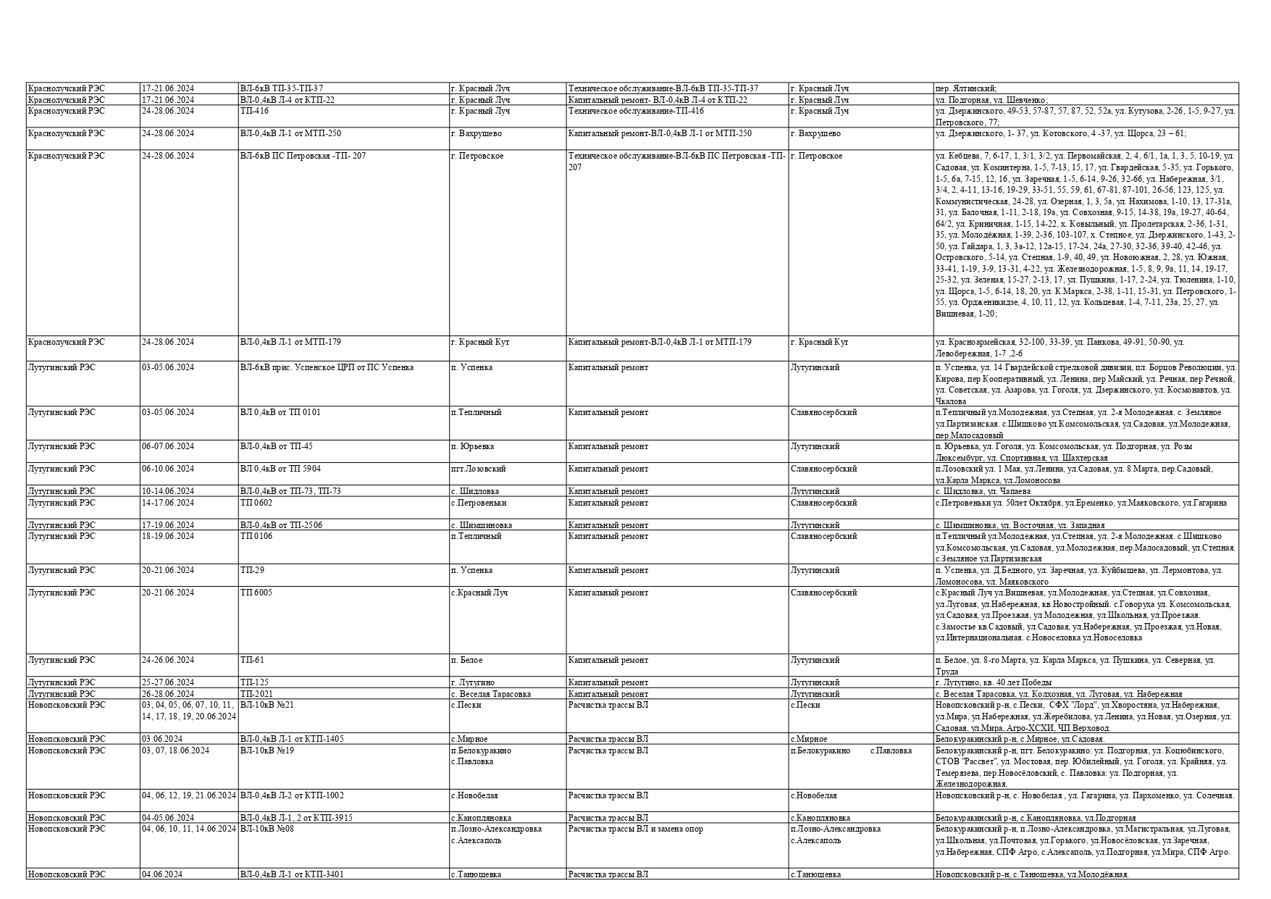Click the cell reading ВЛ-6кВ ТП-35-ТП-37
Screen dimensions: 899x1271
point(282,88)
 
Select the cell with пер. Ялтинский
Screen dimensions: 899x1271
point(966,88)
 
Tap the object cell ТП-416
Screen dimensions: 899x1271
point(254,111)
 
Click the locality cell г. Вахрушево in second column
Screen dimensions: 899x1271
point(476,133)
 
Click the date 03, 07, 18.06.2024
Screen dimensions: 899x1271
point(175,750)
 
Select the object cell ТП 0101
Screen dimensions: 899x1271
point(280,412)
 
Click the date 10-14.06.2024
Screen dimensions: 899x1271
point(168,491)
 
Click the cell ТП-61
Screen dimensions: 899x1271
point(252,660)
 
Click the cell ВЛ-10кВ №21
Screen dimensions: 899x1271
point(267,705)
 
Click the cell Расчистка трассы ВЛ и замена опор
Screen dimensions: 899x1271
point(635,829)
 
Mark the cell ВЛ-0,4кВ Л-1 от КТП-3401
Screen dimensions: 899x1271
point(292,874)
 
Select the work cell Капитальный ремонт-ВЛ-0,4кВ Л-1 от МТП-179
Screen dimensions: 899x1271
point(660,342)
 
